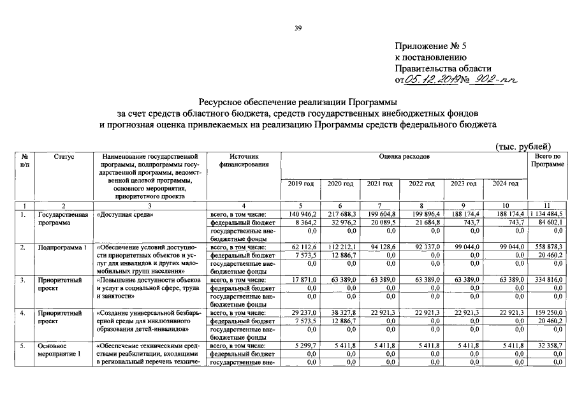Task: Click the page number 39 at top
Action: click(x=297, y=27)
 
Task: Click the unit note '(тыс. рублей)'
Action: click(x=523, y=147)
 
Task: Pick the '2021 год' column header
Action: click(x=380, y=184)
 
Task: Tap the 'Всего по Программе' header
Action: click(x=548, y=160)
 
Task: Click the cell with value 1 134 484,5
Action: click(x=548, y=214)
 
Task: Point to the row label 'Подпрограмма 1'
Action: click(x=62, y=246)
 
